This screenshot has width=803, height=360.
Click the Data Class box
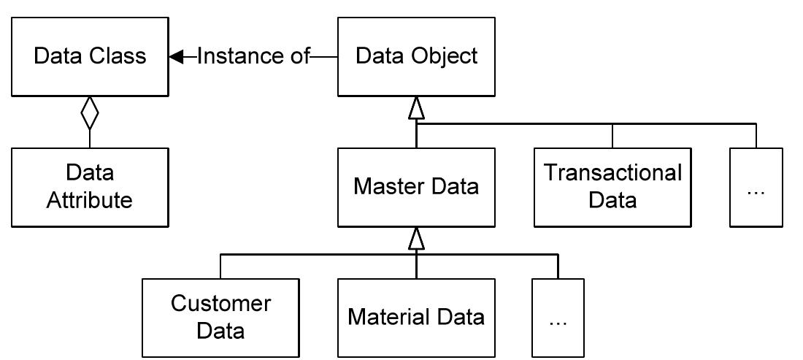click(90, 56)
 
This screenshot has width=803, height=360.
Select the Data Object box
click(416, 56)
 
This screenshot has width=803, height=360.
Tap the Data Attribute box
click(90, 187)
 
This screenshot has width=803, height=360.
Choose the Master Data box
click(416, 187)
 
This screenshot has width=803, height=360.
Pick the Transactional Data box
click(612, 187)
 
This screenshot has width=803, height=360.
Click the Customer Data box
click(220, 318)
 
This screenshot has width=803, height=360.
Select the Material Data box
click(416, 318)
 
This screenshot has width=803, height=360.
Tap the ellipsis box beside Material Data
click(558, 318)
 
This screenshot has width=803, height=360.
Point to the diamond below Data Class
click(90, 113)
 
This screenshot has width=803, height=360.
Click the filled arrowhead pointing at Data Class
click(176, 56)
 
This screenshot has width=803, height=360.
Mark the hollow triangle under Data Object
click(416, 108)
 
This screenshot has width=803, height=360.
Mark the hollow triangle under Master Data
click(416, 239)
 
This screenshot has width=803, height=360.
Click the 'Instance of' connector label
click(254, 56)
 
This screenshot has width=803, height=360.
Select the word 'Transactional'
click(612, 174)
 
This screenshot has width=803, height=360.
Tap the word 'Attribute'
click(90, 200)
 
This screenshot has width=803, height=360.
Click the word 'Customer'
click(220, 304)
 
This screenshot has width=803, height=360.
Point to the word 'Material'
click(388, 318)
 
